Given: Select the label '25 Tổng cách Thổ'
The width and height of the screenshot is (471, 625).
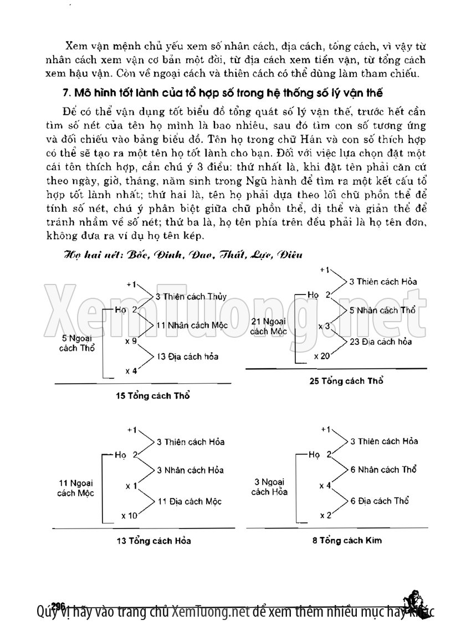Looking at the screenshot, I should point(347,381).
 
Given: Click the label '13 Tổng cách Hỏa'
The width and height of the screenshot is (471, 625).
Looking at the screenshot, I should point(153,540).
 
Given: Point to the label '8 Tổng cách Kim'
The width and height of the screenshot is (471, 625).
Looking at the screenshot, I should point(347,539).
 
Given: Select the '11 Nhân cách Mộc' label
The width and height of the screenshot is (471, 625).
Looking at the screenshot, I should point(189,326).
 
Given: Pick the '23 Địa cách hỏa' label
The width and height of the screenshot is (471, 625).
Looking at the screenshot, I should point(381,342).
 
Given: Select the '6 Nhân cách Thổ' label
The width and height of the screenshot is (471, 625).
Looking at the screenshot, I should point(383,469).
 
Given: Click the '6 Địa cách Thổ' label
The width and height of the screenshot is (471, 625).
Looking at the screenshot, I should point(380,501).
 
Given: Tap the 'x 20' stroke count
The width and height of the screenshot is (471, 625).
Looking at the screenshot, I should point(321,356).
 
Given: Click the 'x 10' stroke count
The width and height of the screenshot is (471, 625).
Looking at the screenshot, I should point(129,516).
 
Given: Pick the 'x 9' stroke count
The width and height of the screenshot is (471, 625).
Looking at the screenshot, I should point(131,341).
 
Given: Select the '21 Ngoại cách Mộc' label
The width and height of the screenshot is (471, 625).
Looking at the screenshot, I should point(268,326).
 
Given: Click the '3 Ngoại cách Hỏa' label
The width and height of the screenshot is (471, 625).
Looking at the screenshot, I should point(269,487).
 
